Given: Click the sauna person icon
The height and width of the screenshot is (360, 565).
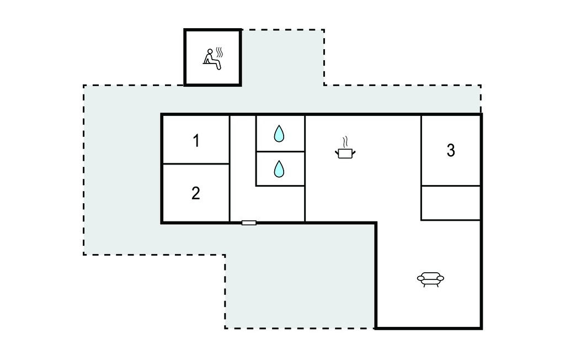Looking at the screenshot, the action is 212,59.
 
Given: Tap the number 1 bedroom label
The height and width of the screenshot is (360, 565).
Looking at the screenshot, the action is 196,141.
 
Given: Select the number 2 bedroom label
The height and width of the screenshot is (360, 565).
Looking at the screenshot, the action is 196,193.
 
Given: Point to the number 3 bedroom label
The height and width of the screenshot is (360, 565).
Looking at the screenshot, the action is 451,150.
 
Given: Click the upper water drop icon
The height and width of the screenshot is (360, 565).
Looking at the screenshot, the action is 279,134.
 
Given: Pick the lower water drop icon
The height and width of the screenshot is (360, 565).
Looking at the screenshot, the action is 279,169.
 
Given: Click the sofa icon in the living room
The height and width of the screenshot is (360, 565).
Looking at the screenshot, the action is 430,279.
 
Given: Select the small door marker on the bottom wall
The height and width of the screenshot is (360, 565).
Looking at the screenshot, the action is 249,223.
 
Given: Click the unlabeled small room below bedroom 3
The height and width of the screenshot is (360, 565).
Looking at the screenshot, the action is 451,203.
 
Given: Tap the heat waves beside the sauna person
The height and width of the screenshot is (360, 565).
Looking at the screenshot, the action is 219,52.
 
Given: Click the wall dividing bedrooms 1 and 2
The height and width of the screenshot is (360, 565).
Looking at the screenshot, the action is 196,164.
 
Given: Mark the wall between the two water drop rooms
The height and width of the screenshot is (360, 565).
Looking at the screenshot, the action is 280,151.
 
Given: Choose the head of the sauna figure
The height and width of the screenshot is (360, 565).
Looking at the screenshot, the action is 210,51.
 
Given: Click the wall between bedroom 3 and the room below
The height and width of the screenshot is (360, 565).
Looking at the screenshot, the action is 451,186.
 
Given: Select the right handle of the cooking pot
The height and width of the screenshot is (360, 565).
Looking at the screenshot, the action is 354,152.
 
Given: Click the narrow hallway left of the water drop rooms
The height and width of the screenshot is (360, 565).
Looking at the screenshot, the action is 243,168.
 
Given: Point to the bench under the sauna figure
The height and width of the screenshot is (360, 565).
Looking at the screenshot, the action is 208,63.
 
